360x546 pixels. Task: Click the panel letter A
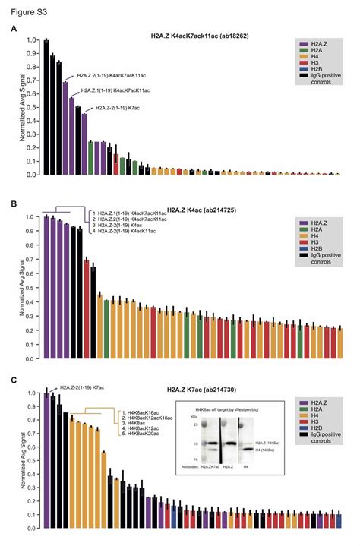14,29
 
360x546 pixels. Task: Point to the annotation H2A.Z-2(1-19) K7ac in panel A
122,108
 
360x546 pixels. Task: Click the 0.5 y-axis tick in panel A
31,107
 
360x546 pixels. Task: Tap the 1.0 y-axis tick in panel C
31,393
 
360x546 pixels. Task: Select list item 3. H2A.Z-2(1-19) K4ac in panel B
122,225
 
